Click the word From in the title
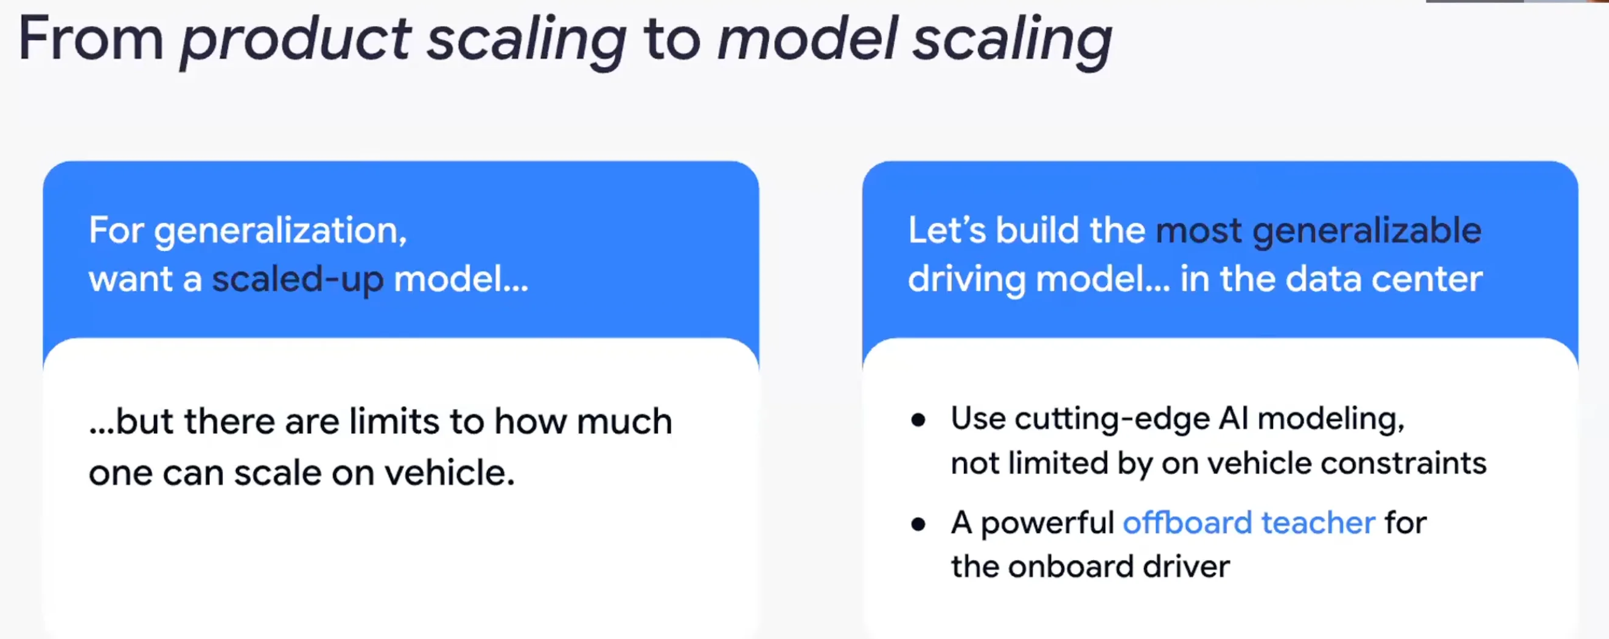click(91, 39)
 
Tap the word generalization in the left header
click(280, 231)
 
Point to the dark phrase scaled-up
click(298, 279)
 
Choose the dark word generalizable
click(1367, 231)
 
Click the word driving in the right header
click(966, 279)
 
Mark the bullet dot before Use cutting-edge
click(918, 420)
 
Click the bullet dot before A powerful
click(918, 523)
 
